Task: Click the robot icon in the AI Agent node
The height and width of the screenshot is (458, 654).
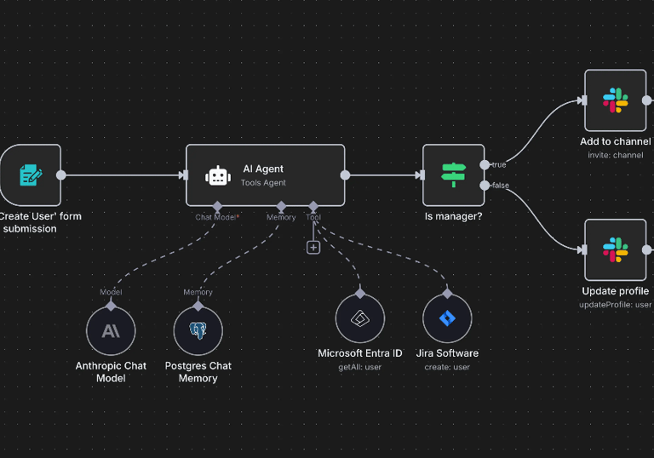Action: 218,175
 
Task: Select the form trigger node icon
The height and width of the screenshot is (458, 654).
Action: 31,175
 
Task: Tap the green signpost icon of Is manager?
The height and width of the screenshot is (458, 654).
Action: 453,175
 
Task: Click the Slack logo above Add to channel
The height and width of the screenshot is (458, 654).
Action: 616,100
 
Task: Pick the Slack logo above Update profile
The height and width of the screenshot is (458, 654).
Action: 616,249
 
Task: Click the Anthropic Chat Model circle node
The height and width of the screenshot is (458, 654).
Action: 111,330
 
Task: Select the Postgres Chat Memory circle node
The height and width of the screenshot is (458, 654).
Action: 198,330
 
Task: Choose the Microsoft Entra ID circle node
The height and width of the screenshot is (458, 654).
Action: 359,318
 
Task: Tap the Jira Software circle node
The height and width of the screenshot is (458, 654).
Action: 447,318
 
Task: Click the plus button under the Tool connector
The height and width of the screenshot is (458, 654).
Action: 313,247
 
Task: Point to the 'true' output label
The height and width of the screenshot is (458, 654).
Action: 498,164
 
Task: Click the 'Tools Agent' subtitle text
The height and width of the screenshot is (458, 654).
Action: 263,183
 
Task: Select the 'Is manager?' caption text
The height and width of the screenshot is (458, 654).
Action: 453,216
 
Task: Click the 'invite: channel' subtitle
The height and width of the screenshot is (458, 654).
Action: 615,155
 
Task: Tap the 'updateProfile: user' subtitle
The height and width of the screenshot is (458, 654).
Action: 616,304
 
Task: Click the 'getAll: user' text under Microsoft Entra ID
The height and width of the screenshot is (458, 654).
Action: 359,367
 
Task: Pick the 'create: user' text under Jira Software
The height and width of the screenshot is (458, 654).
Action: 447,367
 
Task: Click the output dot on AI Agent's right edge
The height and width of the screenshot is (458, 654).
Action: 345,175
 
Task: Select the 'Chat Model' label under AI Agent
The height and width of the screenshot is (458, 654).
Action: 216,217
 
